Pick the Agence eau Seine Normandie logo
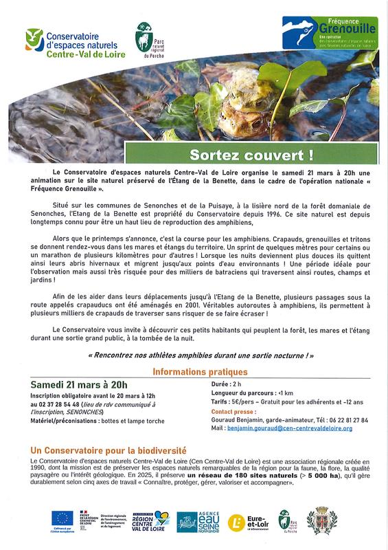click(x=197, y=521)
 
